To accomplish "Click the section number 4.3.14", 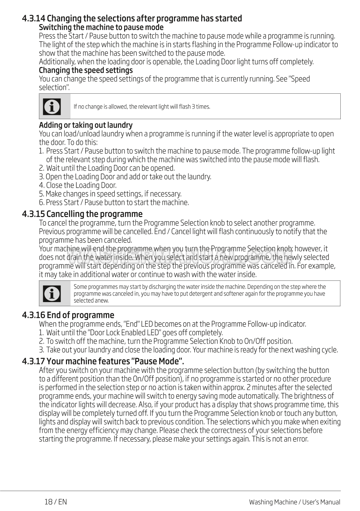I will [x=34, y=18].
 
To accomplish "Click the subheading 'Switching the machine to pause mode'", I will [x=101, y=27].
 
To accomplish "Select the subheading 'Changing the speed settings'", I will [x=86, y=70].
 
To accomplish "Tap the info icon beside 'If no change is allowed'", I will [x=52, y=107].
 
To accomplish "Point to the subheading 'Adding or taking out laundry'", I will [x=86, y=125].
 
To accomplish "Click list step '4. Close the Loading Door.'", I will [x=78, y=185].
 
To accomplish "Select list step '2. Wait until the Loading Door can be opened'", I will [x=107, y=168].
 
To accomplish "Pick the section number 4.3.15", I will [x=33, y=214].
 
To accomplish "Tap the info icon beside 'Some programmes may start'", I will [x=52, y=293].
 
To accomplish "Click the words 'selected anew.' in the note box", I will [x=91, y=300].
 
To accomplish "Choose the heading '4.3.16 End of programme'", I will [x=68, y=315].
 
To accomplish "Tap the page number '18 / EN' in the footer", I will [x=56, y=502].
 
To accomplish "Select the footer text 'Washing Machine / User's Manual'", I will [x=294, y=502].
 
